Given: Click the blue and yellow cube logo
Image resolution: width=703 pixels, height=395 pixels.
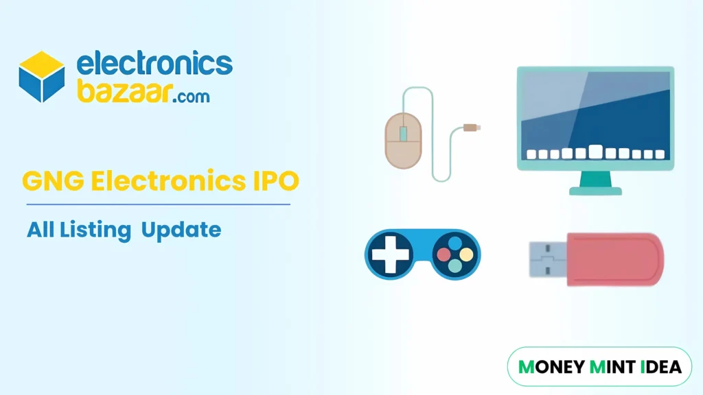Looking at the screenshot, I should [42, 76].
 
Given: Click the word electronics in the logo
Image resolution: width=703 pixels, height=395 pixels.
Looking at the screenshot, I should [154, 65].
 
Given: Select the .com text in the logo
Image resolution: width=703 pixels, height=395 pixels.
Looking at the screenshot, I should [190, 96].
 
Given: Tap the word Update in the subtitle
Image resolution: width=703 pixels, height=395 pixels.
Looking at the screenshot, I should [181, 229].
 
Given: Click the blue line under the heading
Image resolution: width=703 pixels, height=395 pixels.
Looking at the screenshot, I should [158, 204].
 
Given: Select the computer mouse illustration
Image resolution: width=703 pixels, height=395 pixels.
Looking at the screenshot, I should [402, 140].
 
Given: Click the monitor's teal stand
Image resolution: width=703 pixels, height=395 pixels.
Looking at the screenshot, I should [595, 183].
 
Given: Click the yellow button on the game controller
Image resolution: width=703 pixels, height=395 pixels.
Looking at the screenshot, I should [466, 255].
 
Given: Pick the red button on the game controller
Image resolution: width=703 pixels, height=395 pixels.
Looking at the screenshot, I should [444, 255].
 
